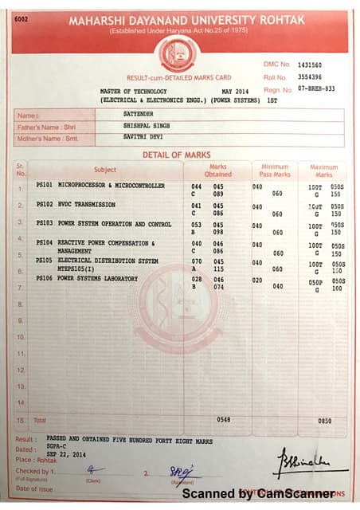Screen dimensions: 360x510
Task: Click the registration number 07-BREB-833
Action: pos(317,90)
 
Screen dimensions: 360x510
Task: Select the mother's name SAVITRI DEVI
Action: pos(137,139)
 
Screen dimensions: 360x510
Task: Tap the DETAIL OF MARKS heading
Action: pos(177,155)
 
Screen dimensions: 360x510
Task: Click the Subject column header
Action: pos(105,170)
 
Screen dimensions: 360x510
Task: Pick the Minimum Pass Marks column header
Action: pos(274,170)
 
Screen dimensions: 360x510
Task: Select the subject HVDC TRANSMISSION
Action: pos(87,205)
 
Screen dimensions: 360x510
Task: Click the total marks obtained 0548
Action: pos(224,419)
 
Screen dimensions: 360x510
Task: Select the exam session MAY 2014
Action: pos(235,92)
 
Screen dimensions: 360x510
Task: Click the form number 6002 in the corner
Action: pos(22,20)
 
